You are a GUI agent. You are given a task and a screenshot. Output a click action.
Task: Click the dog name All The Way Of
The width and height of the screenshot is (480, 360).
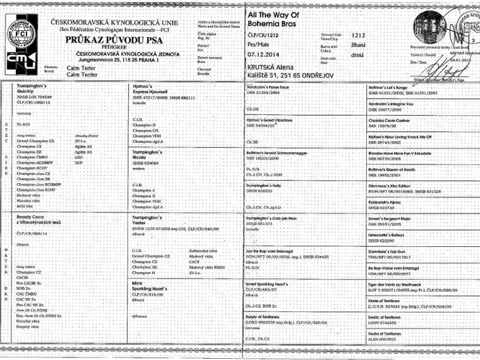pyautogui.click(x=273, y=15)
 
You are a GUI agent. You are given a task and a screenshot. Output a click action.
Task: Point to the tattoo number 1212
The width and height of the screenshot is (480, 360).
pyautogui.click(x=359, y=36)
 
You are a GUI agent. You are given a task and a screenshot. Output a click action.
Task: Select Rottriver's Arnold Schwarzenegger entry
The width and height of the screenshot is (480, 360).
pyautogui.click(x=284, y=152)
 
